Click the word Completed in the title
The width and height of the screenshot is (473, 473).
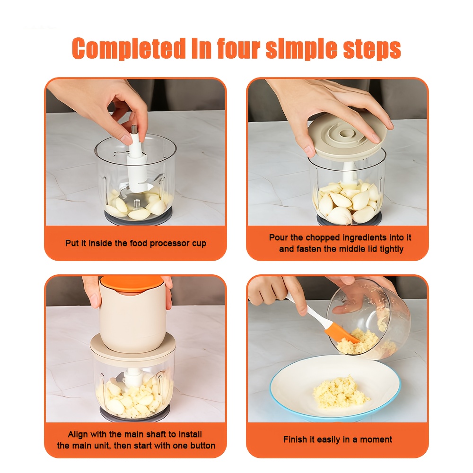[129, 48]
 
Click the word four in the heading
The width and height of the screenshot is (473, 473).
[238, 48]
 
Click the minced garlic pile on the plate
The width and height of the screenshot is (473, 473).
[340, 392]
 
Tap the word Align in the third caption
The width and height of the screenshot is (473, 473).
[77, 435]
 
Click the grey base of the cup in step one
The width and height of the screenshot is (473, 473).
[139, 218]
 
